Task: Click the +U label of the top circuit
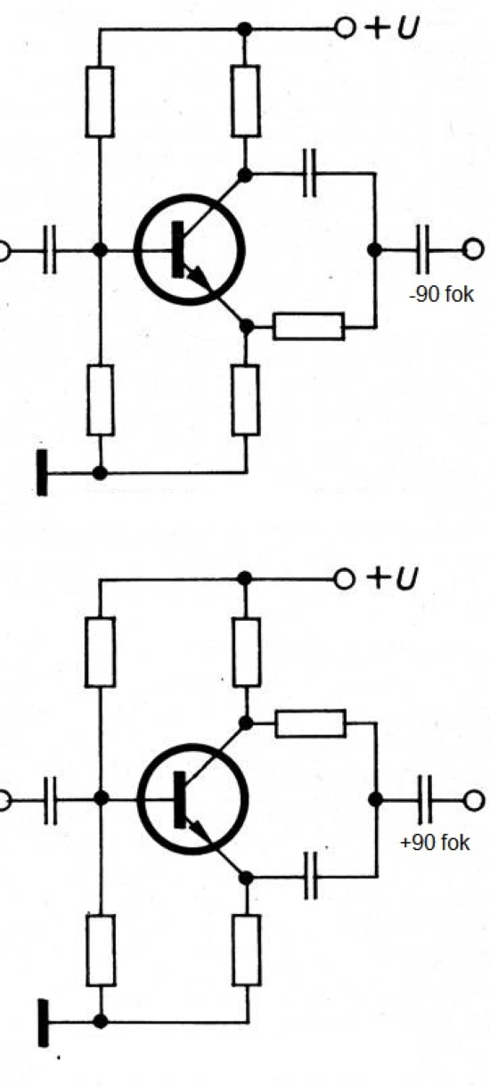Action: click(391, 29)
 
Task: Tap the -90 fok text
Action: click(442, 294)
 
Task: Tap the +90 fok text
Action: click(435, 843)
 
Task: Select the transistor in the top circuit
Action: click(190, 249)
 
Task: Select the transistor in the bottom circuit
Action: click(193, 799)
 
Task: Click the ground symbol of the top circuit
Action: click(43, 472)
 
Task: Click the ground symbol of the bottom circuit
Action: click(43, 1022)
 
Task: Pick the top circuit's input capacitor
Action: click(49, 249)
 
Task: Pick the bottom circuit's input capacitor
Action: click(50, 799)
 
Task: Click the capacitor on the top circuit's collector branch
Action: click(309, 173)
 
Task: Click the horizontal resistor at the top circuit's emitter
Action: click(309, 327)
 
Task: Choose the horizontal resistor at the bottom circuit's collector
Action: click(311, 723)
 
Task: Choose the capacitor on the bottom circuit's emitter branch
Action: click(311, 876)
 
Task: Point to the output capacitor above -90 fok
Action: click(422, 249)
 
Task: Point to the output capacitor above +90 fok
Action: click(424, 799)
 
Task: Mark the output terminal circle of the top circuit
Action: click(473, 249)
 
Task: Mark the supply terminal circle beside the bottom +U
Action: click(345, 578)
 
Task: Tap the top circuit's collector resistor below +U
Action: click(245, 101)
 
